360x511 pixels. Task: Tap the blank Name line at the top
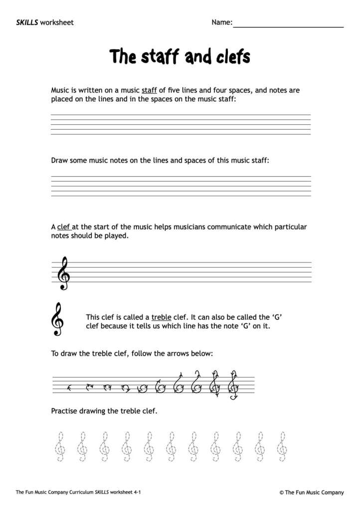pyautogui.click(x=288, y=24)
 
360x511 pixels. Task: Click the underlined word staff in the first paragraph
pyautogui.click(x=149, y=91)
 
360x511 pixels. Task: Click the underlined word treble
pyautogui.click(x=161, y=317)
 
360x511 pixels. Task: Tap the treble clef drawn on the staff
pyautogui.click(x=63, y=272)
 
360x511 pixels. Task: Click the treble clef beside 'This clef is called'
pyautogui.click(x=58, y=319)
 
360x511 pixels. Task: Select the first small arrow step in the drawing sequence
pyautogui.click(x=70, y=386)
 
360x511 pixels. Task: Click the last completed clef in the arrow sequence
pyautogui.click(x=232, y=385)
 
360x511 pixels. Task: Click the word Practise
pyautogui.click(x=65, y=412)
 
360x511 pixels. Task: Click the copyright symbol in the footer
pyautogui.click(x=282, y=492)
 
